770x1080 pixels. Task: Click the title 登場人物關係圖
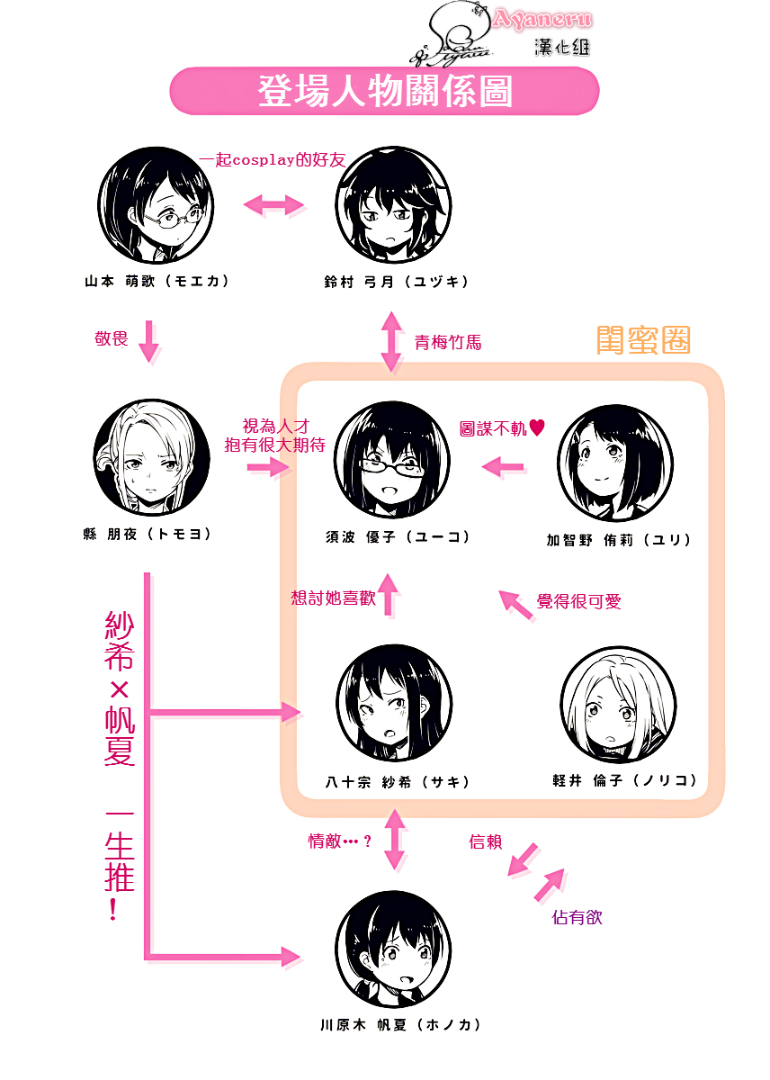tap(385, 93)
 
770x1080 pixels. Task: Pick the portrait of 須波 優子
tap(392, 460)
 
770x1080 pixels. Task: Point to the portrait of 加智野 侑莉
tap(614, 463)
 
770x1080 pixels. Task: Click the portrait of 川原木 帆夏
tap(392, 947)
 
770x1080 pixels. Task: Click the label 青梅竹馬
tap(448, 342)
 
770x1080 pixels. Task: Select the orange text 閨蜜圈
tap(643, 340)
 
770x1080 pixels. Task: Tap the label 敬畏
tap(112, 338)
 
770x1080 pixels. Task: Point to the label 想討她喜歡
tap(333, 598)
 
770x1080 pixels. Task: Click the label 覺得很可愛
tap(578, 601)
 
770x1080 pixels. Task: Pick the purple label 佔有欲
tap(577, 917)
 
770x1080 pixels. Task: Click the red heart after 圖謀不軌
tap(538, 429)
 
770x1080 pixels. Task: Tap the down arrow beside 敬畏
tap(148, 342)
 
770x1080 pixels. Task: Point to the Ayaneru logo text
tap(542, 19)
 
